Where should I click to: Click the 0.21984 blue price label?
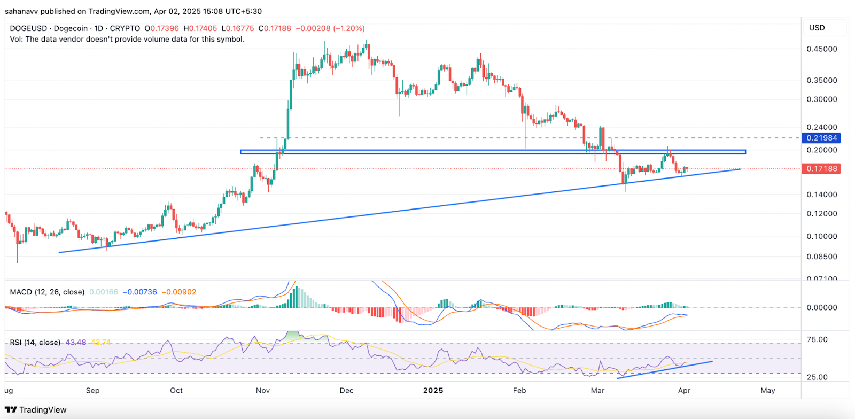pyautogui.click(x=821, y=138)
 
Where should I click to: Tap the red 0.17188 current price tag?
pyautogui.click(x=821, y=169)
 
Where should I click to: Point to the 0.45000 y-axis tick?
pyautogui.click(x=822, y=49)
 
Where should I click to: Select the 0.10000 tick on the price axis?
pyautogui.click(x=822, y=236)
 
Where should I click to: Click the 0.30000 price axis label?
pyautogui.click(x=822, y=99)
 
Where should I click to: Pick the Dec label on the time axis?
pyautogui.click(x=346, y=391)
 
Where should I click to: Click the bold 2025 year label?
pyautogui.click(x=433, y=391)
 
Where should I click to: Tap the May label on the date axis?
pyautogui.click(x=767, y=391)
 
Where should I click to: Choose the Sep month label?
pyautogui.click(x=92, y=391)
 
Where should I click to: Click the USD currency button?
pyautogui.click(x=817, y=28)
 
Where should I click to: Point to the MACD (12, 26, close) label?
pyautogui.click(x=47, y=292)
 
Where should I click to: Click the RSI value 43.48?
pyautogui.click(x=75, y=342)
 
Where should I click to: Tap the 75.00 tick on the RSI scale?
pyautogui.click(x=817, y=339)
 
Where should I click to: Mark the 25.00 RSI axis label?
pyautogui.click(x=817, y=377)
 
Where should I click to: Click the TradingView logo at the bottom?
pyautogui.click(x=36, y=410)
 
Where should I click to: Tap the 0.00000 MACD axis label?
pyautogui.click(x=822, y=308)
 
